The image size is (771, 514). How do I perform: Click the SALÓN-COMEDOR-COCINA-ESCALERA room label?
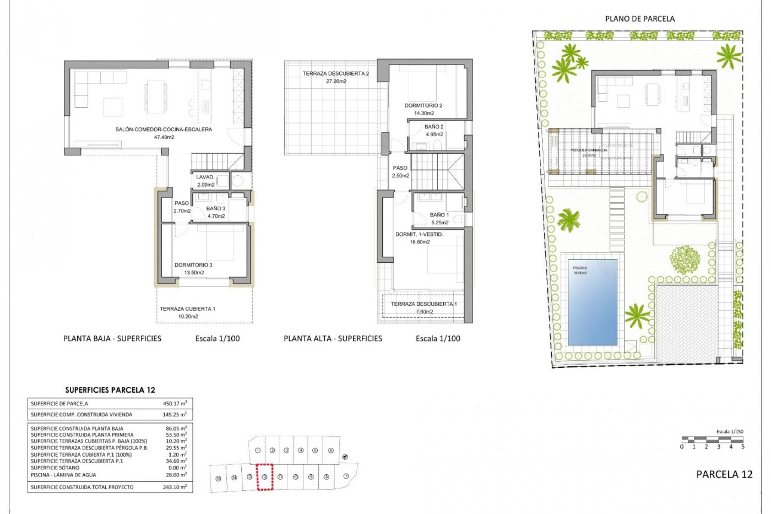[163, 130]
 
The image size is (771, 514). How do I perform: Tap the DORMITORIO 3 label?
[194, 265]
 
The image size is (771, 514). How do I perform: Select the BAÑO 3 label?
[216, 208]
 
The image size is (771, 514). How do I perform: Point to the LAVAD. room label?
[205, 177]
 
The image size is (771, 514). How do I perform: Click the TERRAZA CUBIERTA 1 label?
[188, 309]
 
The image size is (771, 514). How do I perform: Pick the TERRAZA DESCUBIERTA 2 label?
[336, 73]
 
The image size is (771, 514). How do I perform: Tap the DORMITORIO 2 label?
[423, 106]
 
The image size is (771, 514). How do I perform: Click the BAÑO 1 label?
[439, 215]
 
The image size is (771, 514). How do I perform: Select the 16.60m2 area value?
[420, 242]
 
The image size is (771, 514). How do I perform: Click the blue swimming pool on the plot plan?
[592, 302]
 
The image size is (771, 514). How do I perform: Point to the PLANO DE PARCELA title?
[640, 19]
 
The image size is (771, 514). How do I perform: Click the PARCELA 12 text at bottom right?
[724, 474]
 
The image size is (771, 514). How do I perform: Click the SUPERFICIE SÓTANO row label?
[55, 468]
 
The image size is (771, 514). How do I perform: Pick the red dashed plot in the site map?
[265, 477]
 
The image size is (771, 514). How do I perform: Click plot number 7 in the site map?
[346, 476]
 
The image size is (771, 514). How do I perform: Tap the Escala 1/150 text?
[730, 432]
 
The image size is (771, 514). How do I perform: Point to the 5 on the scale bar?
[742, 447]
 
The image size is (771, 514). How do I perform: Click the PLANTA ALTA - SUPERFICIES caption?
[333, 339]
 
